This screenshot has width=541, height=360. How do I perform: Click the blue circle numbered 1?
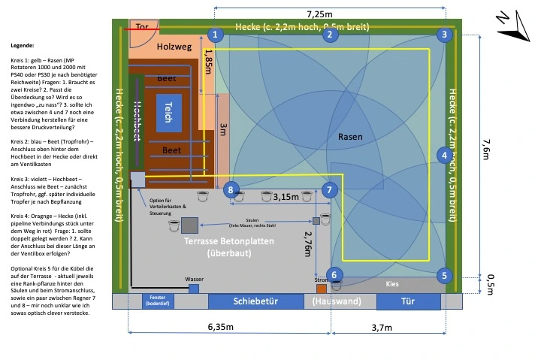click(216, 34)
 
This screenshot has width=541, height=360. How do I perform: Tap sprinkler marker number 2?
click(328, 34)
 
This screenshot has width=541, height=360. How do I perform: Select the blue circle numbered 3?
click(445, 34)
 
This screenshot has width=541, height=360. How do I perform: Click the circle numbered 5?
click(445, 275)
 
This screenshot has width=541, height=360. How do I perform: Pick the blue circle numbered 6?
click(335, 275)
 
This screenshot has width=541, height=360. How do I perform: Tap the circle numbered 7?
click(328, 189)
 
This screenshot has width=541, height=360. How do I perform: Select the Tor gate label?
click(141, 27)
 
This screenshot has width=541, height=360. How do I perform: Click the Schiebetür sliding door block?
click(252, 301)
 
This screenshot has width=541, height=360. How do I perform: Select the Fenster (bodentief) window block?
click(158, 301)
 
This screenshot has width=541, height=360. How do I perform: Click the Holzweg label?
click(175, 47)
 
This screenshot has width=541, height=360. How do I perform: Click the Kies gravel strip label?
click(392, 285)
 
